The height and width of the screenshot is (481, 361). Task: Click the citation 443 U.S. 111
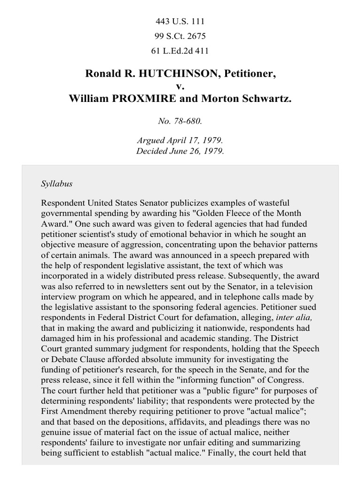tap(180, 22)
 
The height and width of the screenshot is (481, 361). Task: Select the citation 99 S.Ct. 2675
tap(180, 36)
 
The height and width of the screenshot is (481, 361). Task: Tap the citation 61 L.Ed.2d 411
tap(180, 51)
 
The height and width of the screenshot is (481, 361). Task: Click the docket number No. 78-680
tap(180, 121)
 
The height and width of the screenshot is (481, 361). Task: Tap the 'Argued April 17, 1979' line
tap(180, 140)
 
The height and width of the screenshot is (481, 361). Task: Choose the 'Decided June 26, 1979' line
tap(180, 151)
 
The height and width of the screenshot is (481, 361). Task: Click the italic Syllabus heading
tap(56, 184)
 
